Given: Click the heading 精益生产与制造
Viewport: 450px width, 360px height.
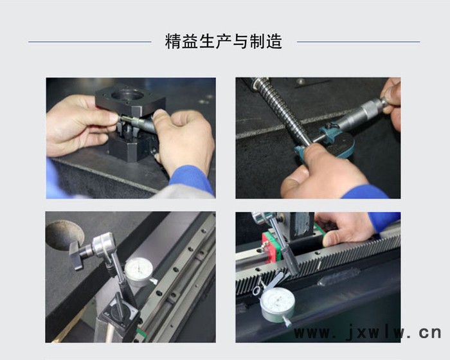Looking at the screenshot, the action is (223, 41).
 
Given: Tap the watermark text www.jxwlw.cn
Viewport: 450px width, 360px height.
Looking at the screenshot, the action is (367, 332).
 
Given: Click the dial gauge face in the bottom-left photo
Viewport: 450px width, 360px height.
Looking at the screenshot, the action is (139, 269).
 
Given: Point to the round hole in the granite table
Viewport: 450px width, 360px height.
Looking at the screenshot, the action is (64, 234).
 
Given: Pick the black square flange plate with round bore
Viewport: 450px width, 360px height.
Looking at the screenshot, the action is (130, 100).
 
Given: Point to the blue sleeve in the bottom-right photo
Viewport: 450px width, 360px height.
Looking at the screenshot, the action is (384, 221).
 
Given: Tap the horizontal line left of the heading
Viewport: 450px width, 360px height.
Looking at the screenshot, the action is (90, 42).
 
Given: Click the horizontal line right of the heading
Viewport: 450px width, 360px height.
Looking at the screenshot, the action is (359, 42).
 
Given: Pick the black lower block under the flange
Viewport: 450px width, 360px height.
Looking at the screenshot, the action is (132, 148).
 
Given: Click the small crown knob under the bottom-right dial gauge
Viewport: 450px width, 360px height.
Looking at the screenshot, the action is (287, 322).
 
